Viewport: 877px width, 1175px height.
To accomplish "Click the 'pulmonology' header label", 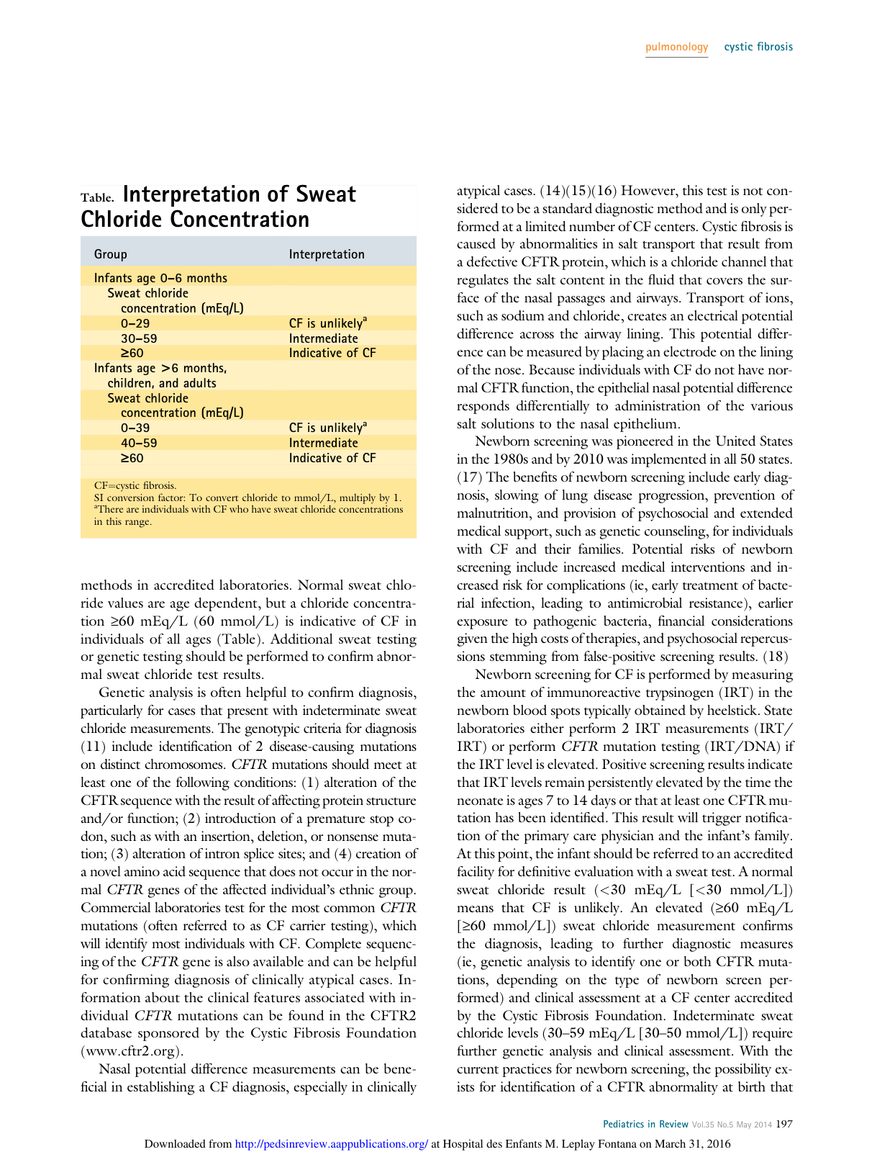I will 676,47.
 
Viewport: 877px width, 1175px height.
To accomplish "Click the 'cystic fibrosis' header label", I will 758,47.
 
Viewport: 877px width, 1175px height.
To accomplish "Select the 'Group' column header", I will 110,254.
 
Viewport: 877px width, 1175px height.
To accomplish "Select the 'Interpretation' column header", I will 327,254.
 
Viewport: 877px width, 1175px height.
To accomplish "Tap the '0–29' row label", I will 135,324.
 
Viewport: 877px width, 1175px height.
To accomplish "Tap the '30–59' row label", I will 139,338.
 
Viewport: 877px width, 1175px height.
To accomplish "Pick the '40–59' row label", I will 139,444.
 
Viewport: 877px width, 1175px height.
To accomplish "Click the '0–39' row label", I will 135,428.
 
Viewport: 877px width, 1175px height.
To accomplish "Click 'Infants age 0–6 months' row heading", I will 160,278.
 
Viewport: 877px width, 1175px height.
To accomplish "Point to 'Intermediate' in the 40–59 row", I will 323,444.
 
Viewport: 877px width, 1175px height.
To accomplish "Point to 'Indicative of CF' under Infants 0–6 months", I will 332,354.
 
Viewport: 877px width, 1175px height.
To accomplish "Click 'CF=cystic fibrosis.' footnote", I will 135,485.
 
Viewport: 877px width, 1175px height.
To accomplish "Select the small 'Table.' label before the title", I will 97,198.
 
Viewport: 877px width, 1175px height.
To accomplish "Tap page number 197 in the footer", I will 784,1124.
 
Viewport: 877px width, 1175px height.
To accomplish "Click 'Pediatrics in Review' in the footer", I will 645,1124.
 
